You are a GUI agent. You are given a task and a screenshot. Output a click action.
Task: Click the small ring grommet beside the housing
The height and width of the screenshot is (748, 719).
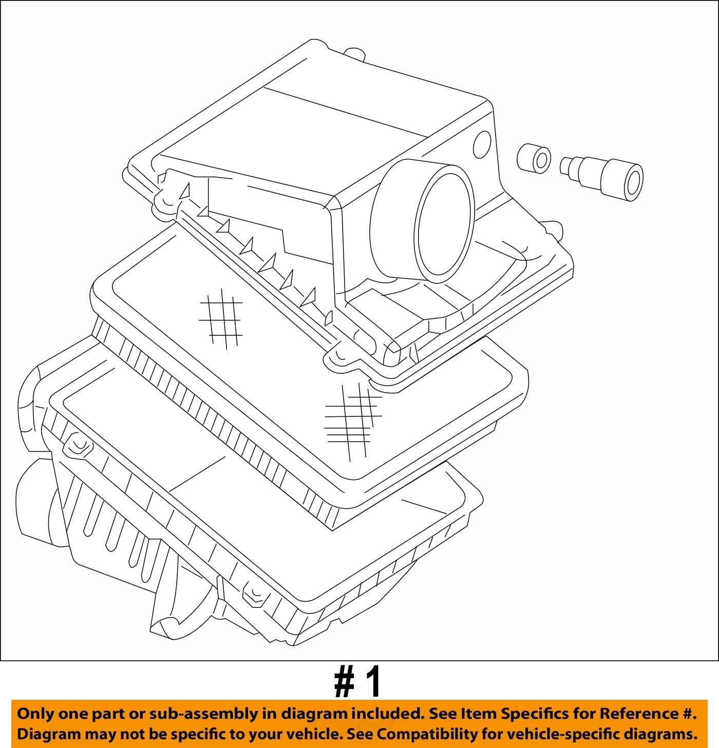533,158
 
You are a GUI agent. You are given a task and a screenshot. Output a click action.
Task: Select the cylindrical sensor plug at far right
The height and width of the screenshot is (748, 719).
602,178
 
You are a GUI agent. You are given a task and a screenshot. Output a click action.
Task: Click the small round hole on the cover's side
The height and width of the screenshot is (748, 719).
482,145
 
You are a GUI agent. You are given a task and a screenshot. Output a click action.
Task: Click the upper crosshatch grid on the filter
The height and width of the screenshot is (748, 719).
221,319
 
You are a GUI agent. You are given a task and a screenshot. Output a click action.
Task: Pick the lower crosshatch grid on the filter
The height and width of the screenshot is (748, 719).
353,421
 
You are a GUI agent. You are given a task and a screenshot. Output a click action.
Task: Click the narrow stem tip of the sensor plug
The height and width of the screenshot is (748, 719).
565,166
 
